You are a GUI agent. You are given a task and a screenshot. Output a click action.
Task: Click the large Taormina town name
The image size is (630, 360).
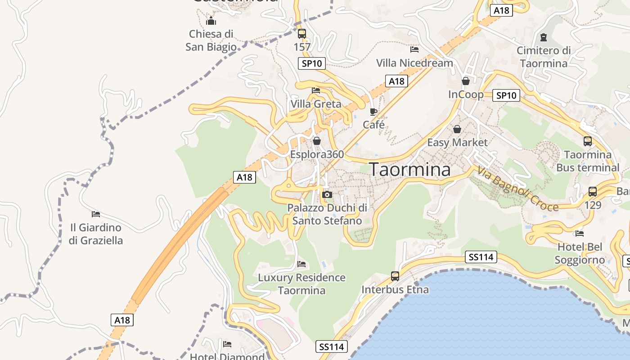coord(410,169)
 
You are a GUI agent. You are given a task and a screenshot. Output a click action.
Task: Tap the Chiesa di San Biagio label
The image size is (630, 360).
coord(211,40)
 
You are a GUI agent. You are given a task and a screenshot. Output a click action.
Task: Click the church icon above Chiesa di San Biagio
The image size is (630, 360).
coord(211,21)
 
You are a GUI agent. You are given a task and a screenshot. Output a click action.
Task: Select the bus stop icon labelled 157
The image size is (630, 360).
coord(301,34)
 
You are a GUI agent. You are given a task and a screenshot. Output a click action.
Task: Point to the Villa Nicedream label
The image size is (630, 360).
coord(414,63)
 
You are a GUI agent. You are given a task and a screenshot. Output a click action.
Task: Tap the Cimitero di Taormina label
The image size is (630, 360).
coord(544,57)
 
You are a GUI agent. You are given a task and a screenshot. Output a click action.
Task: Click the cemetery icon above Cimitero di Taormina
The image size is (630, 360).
coord(543,37)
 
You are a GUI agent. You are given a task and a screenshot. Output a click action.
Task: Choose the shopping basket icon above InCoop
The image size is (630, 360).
coord(466,81)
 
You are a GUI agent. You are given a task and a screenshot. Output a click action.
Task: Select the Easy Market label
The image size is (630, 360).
coord(457,143)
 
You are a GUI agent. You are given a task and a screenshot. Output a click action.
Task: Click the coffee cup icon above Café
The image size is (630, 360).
coord(373,111)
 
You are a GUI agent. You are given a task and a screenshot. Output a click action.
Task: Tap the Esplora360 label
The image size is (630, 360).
coord(317,154)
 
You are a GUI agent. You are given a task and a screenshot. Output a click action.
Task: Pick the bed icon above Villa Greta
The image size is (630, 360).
coord(316,90)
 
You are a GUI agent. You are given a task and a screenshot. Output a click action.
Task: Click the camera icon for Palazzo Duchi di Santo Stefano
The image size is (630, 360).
coord(327,194)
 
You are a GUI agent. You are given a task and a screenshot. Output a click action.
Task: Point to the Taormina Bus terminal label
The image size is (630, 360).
coord(588,161)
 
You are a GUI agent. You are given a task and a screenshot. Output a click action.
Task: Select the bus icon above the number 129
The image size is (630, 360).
coord(593,192)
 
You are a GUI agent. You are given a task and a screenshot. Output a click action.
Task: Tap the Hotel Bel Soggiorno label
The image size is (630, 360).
coord(580,253)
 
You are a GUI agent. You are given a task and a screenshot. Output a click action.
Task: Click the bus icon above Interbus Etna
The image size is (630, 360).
coord(395,276)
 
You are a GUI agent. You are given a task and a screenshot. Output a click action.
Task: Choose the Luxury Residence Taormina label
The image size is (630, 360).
coord(301,284)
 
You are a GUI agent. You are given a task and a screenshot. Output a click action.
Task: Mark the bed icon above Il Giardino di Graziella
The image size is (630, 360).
coord(96,214)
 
